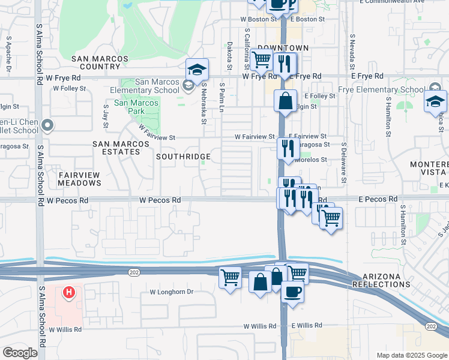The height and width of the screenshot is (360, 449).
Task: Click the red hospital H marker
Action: tap(69, 292)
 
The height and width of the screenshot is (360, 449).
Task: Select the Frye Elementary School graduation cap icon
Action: tap(435, 102)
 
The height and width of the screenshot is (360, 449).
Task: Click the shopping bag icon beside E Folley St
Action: tap(286, 101)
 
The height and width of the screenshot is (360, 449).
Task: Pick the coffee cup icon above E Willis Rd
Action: tap(292, 292)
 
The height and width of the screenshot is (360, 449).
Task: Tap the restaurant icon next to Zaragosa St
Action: tap(288, 148)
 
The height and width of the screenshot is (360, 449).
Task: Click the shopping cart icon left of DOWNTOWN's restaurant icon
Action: tap(261, 60)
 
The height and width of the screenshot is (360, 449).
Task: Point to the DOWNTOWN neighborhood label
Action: tap(283, 48)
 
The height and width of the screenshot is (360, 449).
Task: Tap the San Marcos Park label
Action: tap(136, 107)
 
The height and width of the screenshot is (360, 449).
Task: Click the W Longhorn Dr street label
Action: tap(172, 292)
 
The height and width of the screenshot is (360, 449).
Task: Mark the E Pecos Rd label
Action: tap(379, 199)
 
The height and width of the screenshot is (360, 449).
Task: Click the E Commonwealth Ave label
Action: tap(416, 2)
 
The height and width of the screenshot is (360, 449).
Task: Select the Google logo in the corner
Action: tap(20, 353)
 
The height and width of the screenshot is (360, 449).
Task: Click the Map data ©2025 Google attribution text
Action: tap(411, 355)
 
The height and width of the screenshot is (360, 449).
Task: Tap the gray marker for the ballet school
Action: tap(49, 125)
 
